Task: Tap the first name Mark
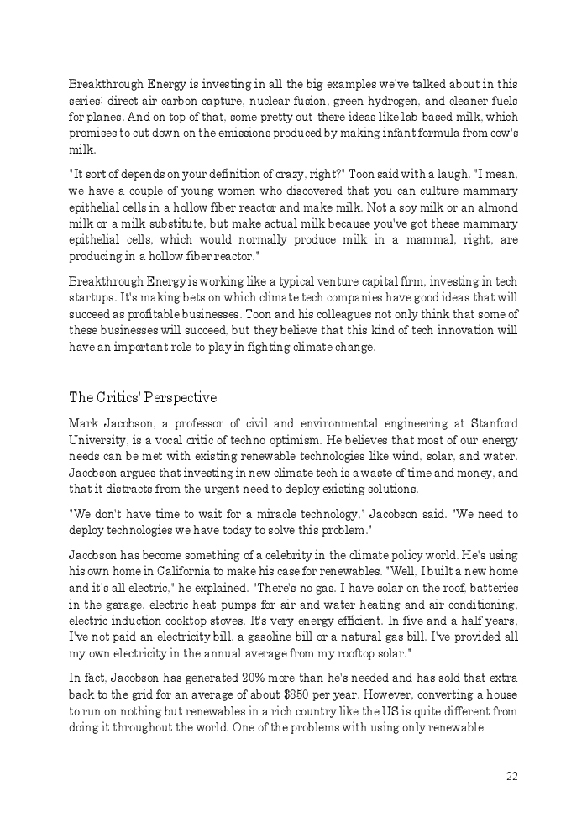83,424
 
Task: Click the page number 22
511,777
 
